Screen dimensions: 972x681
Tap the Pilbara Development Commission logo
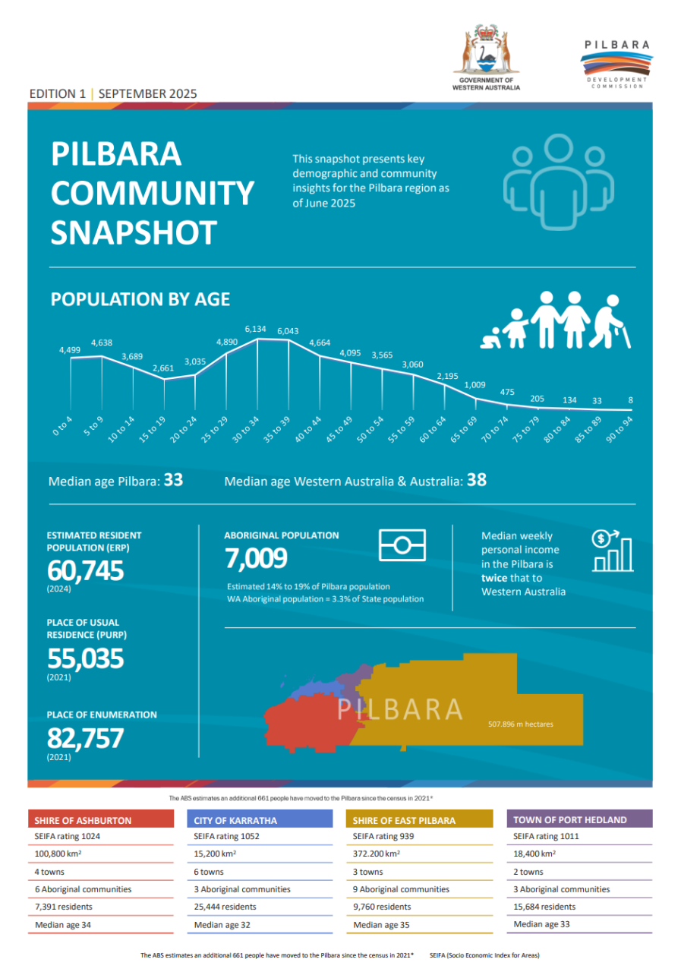click(616, 64)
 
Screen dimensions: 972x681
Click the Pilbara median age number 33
click(173, 481)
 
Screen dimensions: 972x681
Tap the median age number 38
click(476, 481)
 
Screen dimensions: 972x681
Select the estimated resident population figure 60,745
click(85, 570)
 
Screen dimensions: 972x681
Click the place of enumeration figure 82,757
click(85, 738)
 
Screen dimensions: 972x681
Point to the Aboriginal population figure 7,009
click(256, 559)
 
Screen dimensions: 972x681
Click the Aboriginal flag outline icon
click(402, 545)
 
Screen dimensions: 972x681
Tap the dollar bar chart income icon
click(612, 550)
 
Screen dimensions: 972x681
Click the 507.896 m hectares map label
click(520, 724)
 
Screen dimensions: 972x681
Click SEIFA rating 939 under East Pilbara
click(377, 836)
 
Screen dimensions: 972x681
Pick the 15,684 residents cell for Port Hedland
click(544, 907)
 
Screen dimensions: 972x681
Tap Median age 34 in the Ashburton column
click(61, 925)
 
